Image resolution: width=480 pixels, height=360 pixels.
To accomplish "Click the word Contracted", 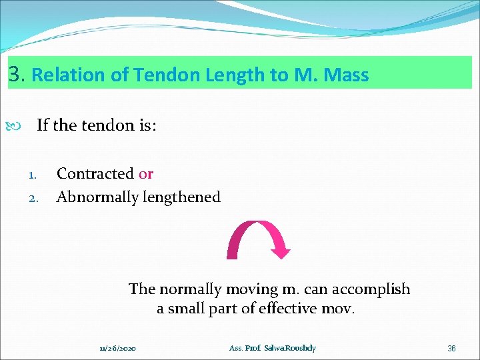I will [95, 174].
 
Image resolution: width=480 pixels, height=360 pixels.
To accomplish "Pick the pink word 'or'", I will [146, 174].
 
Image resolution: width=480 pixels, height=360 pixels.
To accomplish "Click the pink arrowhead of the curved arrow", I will [281, 252].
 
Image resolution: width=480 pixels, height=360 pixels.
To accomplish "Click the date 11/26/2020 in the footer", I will [117, 349].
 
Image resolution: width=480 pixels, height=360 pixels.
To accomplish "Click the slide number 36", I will [451, 349].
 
